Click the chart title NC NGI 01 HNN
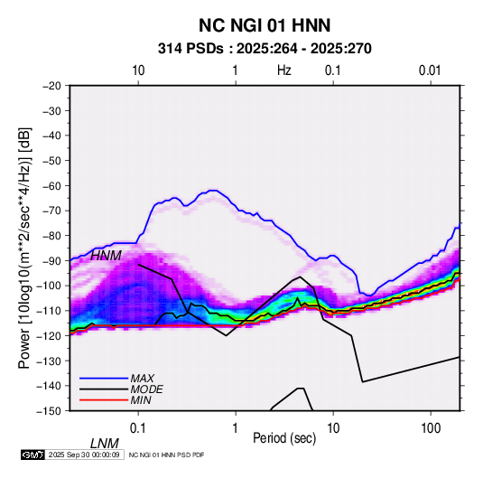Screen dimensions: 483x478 265,25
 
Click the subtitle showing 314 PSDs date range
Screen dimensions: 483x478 265,49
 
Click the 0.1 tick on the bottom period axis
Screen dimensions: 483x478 138,428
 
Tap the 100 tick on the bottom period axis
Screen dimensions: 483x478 431,428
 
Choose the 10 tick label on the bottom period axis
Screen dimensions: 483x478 333,428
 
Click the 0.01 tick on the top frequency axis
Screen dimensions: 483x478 430,70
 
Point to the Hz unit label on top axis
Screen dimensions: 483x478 284,70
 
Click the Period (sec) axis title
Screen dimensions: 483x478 284,438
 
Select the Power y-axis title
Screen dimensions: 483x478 24,248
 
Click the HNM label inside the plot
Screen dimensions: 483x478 106,256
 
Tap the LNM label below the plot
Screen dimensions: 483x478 105,444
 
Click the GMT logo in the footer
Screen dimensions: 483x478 33,455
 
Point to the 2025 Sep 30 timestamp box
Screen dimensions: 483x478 84,455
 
